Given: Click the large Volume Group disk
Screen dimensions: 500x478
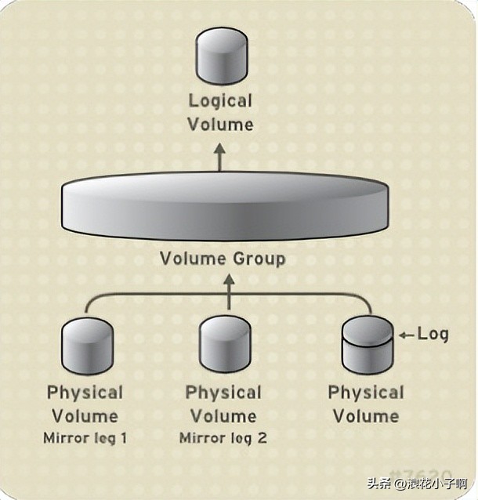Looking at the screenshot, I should (x=224, y=206).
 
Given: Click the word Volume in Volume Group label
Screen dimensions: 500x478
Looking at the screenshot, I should (x=190, y=258).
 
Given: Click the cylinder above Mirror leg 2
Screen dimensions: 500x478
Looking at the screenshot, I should (x=225, y=346).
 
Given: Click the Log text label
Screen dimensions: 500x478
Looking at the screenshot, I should (x=433, y=334).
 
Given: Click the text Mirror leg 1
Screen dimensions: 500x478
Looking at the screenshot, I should (x=85, y=438).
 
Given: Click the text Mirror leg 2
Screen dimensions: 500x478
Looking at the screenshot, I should (x=223, y=438).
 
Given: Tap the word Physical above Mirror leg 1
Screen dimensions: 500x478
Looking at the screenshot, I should (x=85, y=393).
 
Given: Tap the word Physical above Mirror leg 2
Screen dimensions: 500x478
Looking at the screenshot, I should (x=223, y=393).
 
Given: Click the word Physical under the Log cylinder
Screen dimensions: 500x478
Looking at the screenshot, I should (x=366, y=393).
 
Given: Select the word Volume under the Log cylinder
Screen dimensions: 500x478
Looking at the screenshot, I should (x=366, y=415).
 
